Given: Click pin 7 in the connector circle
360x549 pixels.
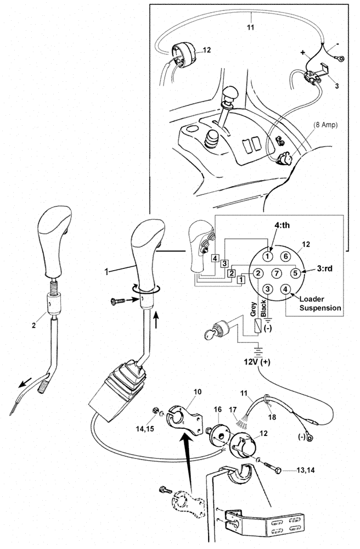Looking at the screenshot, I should [x=277, y=273].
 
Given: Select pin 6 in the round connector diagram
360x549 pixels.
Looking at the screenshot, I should [x=286, y=256].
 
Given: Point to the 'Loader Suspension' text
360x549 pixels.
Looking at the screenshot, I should [x=319, y=304].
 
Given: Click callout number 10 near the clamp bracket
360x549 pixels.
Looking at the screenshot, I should [x=198, y=393].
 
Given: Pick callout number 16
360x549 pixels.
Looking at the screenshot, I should [x=218, y=410].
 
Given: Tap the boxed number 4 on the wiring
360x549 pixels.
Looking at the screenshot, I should [x=217, y=257].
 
